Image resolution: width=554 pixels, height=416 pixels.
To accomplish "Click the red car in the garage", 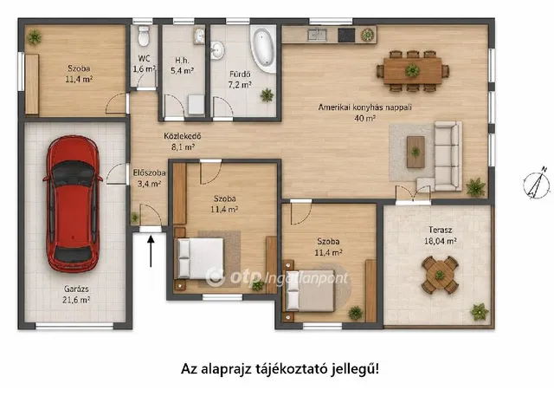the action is coord(73,204).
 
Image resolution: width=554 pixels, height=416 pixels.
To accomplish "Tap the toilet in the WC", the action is coord(144,36).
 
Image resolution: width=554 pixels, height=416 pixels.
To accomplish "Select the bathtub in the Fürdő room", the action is coord(263,49).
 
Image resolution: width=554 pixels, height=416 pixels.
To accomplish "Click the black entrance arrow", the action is coord(151,251).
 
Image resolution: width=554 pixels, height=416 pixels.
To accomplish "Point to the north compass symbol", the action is coord(537,183).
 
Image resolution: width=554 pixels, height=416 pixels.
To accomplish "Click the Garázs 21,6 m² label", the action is coord(77,295).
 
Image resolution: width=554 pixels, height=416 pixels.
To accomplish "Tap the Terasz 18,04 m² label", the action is coord(441,235).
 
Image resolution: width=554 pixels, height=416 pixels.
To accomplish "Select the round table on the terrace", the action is coord(440,275).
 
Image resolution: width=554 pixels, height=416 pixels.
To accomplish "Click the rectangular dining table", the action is coord(412,71).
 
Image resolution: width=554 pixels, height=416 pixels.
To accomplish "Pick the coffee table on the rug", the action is coord(415,152).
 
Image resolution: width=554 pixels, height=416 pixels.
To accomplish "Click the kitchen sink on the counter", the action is coord(317,35).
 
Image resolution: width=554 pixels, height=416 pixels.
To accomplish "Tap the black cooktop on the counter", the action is coord(346,35).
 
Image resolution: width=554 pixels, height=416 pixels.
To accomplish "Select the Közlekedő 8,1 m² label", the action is coord(183,141).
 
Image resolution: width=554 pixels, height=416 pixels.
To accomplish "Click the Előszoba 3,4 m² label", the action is coord(149,178).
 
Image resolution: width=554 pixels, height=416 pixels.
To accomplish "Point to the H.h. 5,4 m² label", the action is coord(182,66).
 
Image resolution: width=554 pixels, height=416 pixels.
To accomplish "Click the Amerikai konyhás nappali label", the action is coord(365,107).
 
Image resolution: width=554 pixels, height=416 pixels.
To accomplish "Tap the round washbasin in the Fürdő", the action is coord(217,50).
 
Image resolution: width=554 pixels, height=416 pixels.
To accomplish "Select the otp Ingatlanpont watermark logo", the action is coord(277,277).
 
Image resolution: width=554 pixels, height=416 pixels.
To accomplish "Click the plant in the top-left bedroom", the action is coord(35,36).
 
